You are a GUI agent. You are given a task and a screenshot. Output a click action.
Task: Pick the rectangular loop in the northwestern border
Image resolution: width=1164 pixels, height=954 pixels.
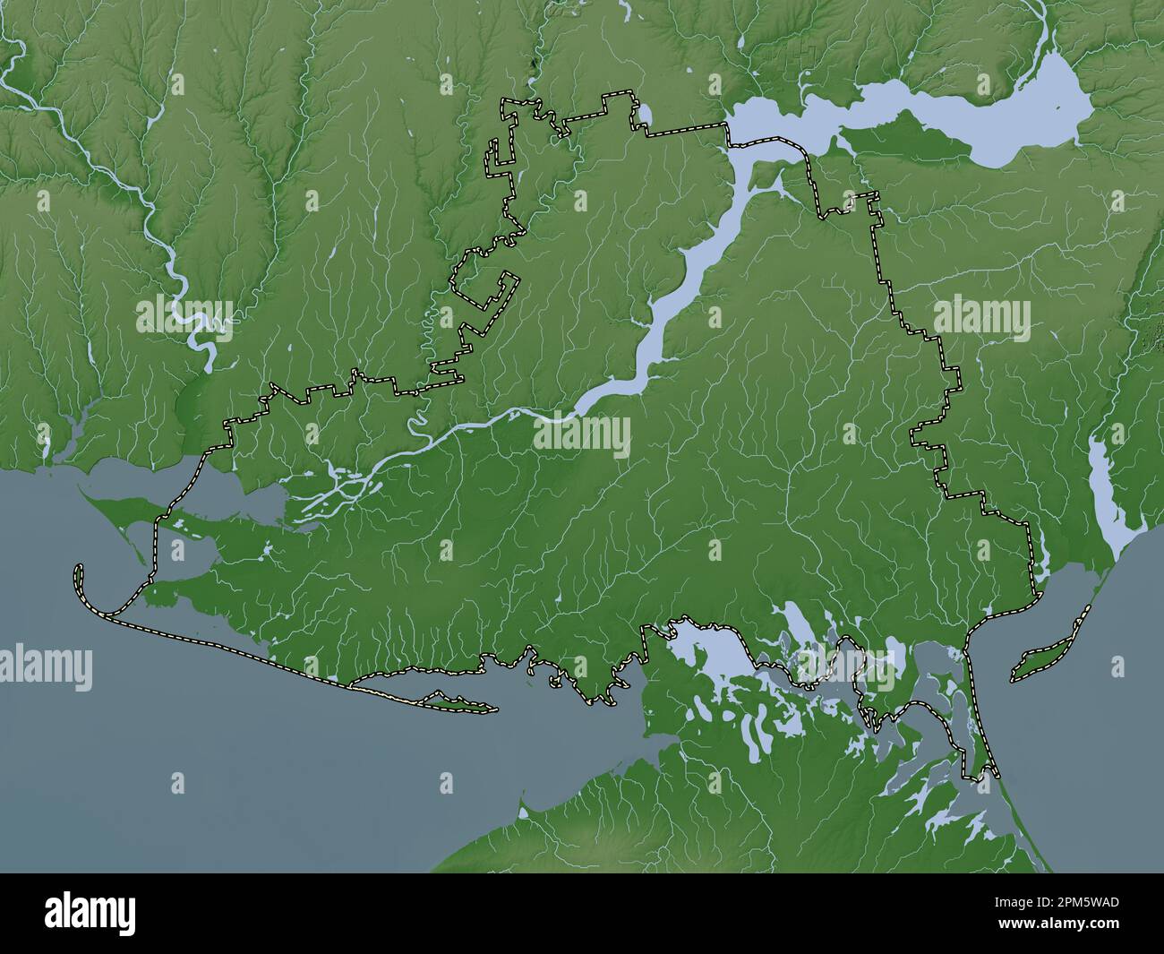coord(488,287)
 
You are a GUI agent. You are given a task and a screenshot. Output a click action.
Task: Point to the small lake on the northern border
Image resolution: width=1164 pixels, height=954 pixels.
coord(642,116)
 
